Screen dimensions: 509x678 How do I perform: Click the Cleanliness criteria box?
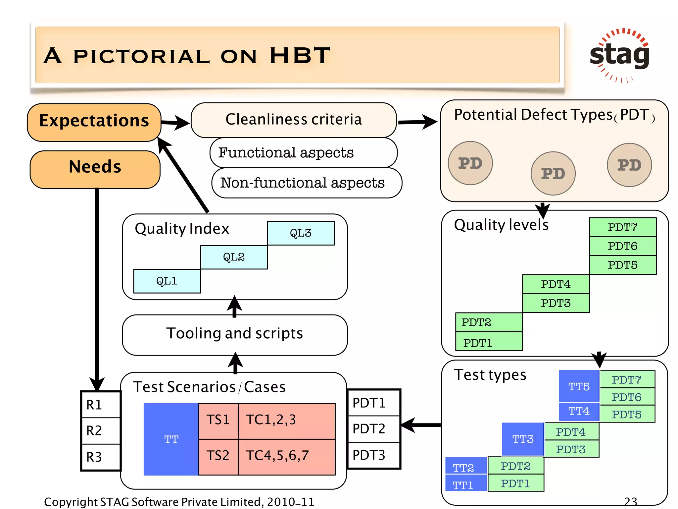294,120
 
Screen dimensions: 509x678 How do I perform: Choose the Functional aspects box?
303,153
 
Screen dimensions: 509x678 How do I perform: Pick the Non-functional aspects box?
306,183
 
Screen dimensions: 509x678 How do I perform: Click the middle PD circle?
553,173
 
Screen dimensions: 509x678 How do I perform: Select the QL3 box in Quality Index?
301,233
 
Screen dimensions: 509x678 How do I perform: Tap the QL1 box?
167,281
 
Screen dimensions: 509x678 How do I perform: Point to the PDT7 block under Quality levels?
623,227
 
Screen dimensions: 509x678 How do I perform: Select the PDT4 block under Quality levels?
556,284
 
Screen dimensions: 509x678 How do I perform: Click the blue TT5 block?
579,386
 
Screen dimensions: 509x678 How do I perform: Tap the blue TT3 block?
523,439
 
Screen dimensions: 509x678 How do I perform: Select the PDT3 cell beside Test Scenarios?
373,455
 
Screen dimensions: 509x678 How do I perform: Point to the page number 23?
631,501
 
